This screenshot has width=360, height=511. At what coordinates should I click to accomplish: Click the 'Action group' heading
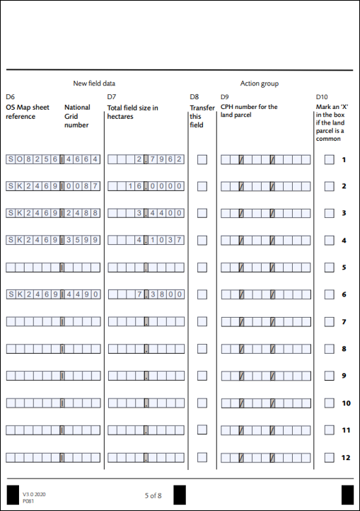[259, 84]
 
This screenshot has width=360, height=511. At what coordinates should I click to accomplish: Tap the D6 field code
[10, 96]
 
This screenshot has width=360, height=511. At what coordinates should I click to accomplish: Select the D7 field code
[111, 96]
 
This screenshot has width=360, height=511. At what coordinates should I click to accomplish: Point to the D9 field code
[225, 96]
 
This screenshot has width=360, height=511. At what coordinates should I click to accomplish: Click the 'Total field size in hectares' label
[132, 112]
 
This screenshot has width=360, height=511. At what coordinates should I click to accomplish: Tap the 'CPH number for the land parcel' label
[249, 112]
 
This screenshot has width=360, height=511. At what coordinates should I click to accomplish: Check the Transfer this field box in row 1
[202, 159]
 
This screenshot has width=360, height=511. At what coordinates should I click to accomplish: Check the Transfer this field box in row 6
[202, 294]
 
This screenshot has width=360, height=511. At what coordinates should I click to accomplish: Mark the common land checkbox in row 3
[329, 213]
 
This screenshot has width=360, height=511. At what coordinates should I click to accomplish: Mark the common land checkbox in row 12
[329, 457]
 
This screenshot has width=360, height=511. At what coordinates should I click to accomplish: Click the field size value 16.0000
[146, 186]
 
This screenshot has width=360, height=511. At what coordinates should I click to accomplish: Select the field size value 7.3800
[146, 294]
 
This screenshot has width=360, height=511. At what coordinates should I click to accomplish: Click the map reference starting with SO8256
[53, 159]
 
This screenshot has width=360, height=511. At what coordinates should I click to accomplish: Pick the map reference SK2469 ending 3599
[53, 241]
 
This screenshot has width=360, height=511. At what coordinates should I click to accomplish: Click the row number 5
[344, 268]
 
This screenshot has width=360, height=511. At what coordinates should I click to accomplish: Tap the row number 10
[346, 403]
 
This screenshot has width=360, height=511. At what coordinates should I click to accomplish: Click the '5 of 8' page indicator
[153, 495]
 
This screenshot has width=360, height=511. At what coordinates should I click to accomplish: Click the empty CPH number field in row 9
[265, 376]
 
